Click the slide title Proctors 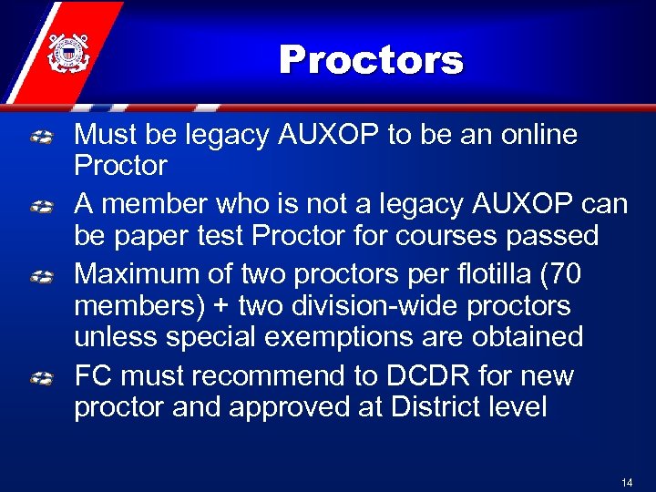(371, 60)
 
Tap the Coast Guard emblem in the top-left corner (65, 51)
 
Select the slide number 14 (626, 482)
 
